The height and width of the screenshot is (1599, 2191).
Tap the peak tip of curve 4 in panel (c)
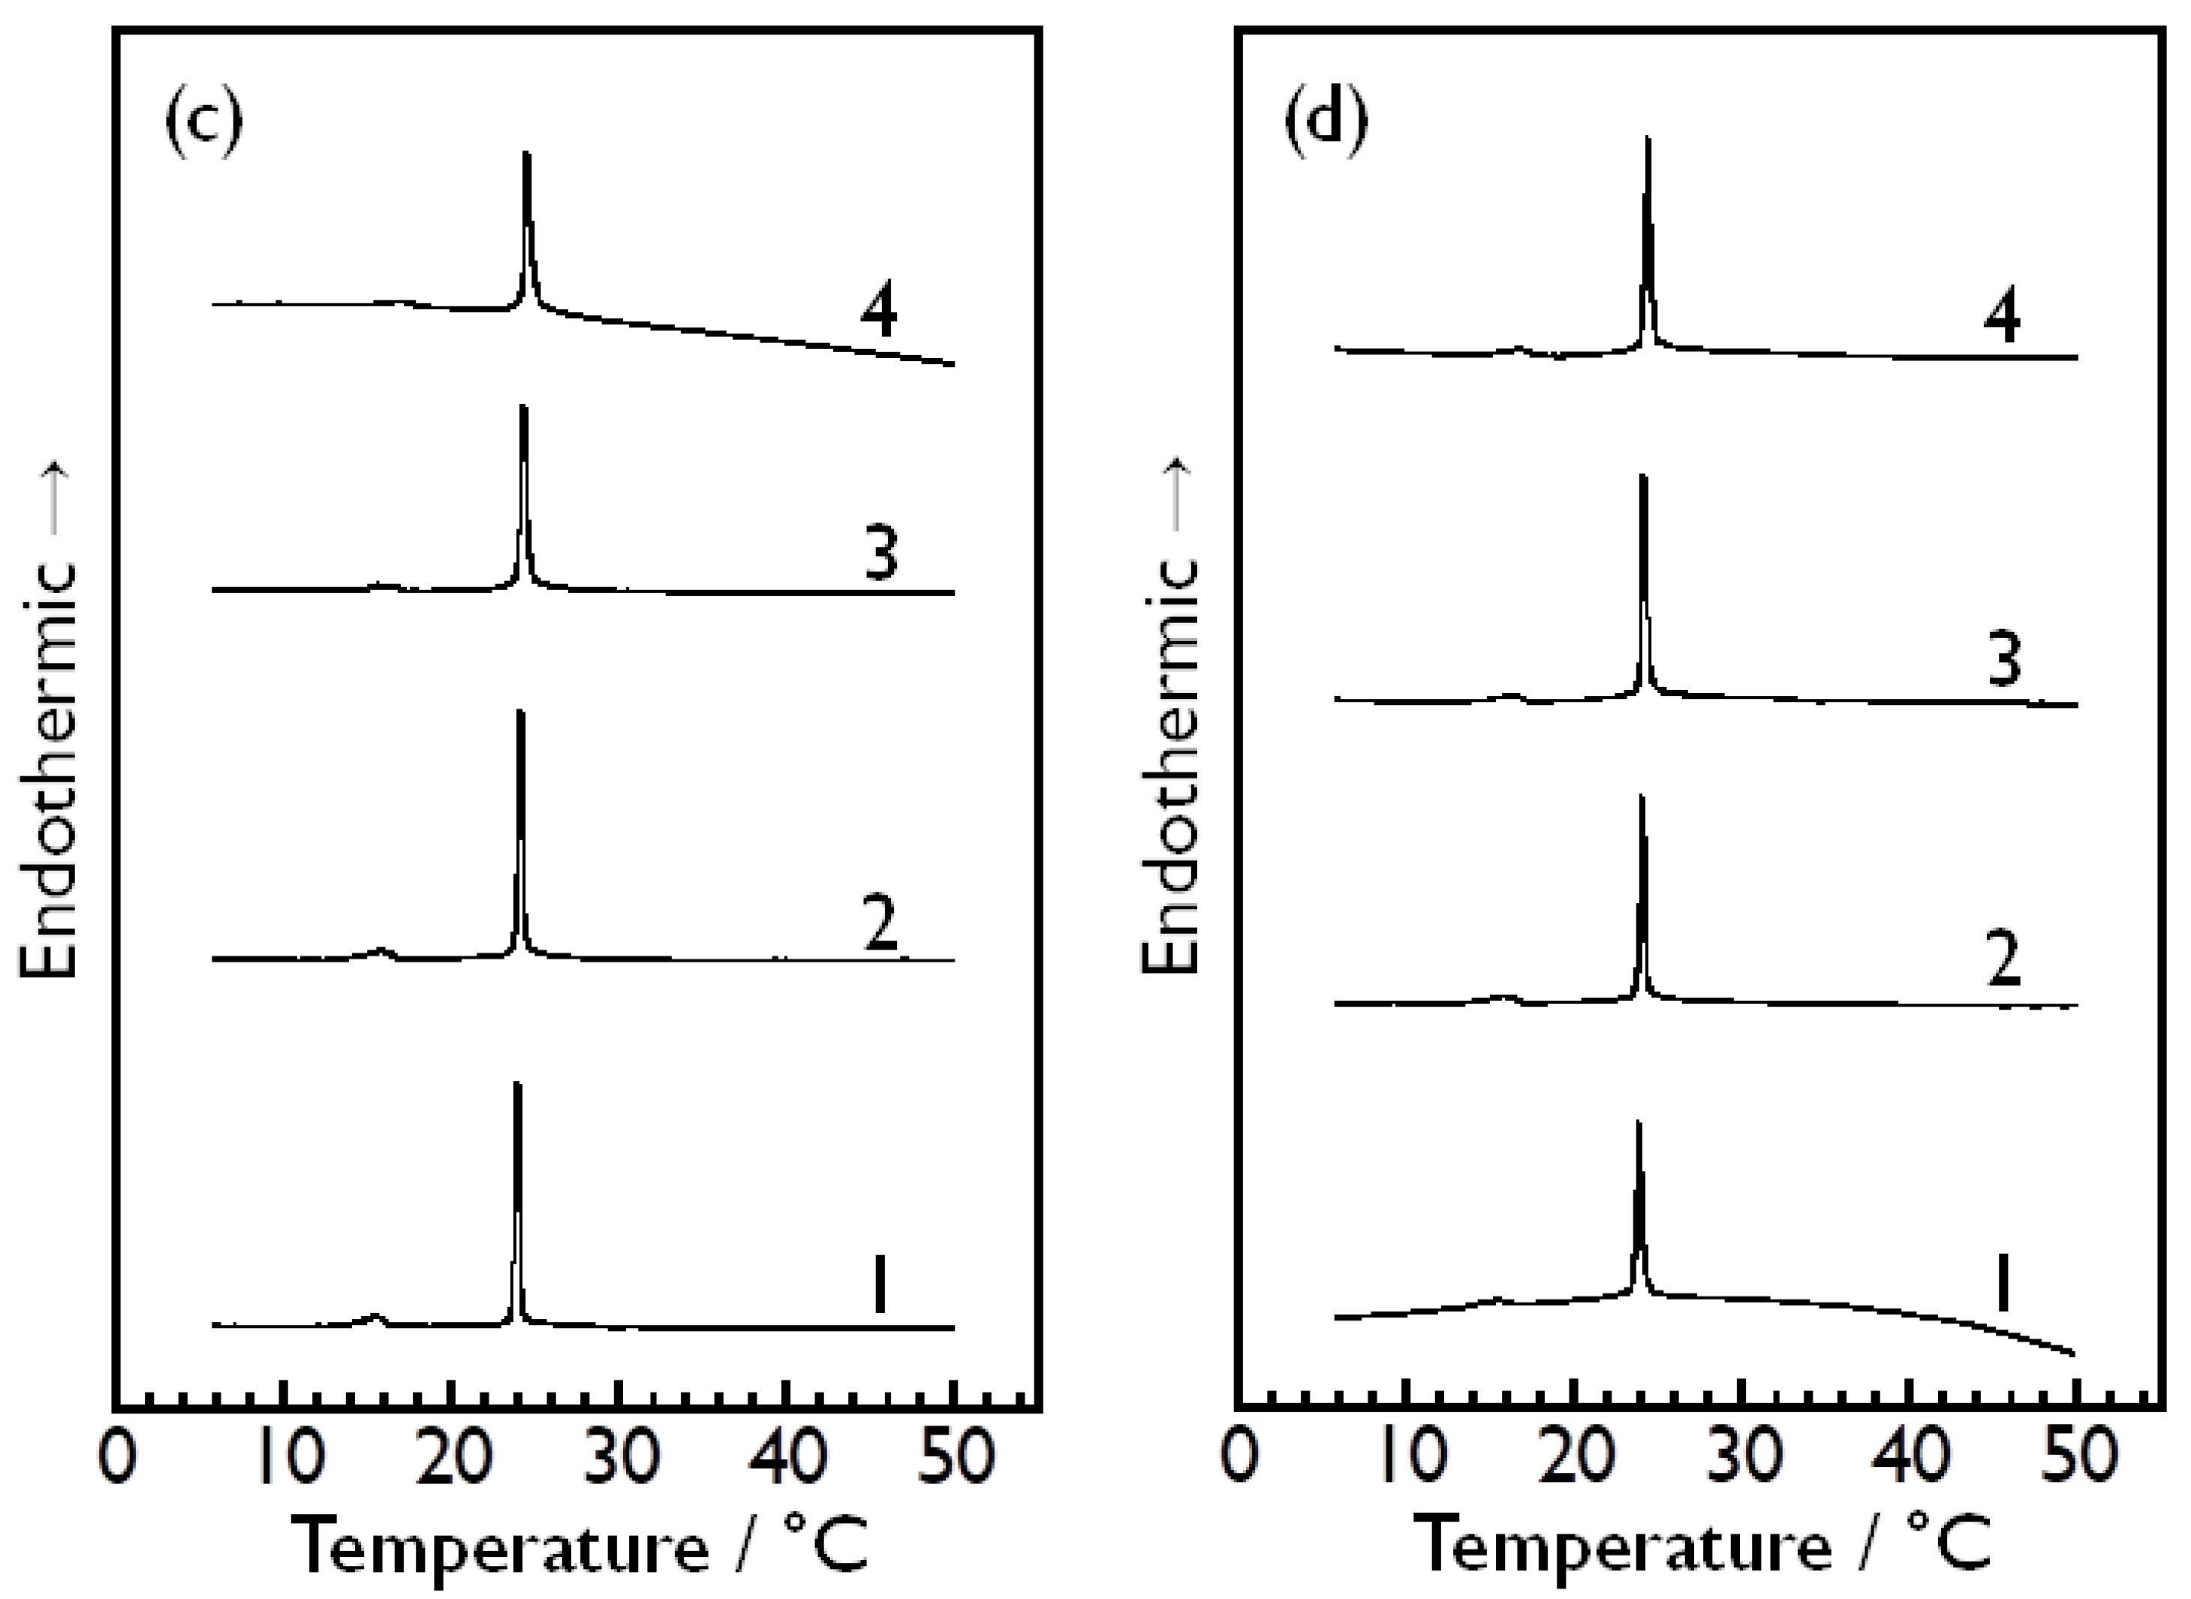click(x=525, y=153)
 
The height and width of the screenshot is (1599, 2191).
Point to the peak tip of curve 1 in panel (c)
click(x=516, y=1084)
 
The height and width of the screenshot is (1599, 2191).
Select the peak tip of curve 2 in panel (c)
click(x=519, y=712)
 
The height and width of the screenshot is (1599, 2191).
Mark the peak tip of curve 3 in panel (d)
click(x=1642, y=476)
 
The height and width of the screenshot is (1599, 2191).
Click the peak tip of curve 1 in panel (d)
click(x=1639, y=1123)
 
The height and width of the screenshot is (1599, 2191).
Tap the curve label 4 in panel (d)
click(x=2001, y=317)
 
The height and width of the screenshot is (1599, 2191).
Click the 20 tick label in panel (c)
click(x=449, y=1459)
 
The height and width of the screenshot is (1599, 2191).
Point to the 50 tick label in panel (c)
click(x=954, y=1459)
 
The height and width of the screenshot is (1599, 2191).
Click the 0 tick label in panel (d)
click(x=1238, y=1459)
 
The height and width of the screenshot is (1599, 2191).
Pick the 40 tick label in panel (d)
click(x=1907, y=1459)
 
